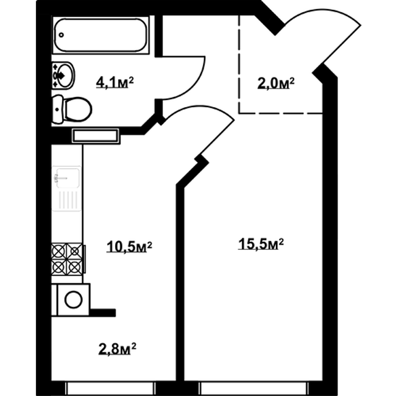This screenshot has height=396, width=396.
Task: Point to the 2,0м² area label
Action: (275, 83)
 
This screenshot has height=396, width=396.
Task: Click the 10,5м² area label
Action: (129, 247)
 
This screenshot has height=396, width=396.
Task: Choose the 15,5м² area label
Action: (261, 244)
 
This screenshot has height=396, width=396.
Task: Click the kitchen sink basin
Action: (66, 178)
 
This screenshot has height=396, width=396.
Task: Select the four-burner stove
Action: (66, 258)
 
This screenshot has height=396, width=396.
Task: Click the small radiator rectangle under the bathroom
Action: (96, 136)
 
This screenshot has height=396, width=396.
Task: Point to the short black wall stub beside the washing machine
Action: (102, 313)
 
